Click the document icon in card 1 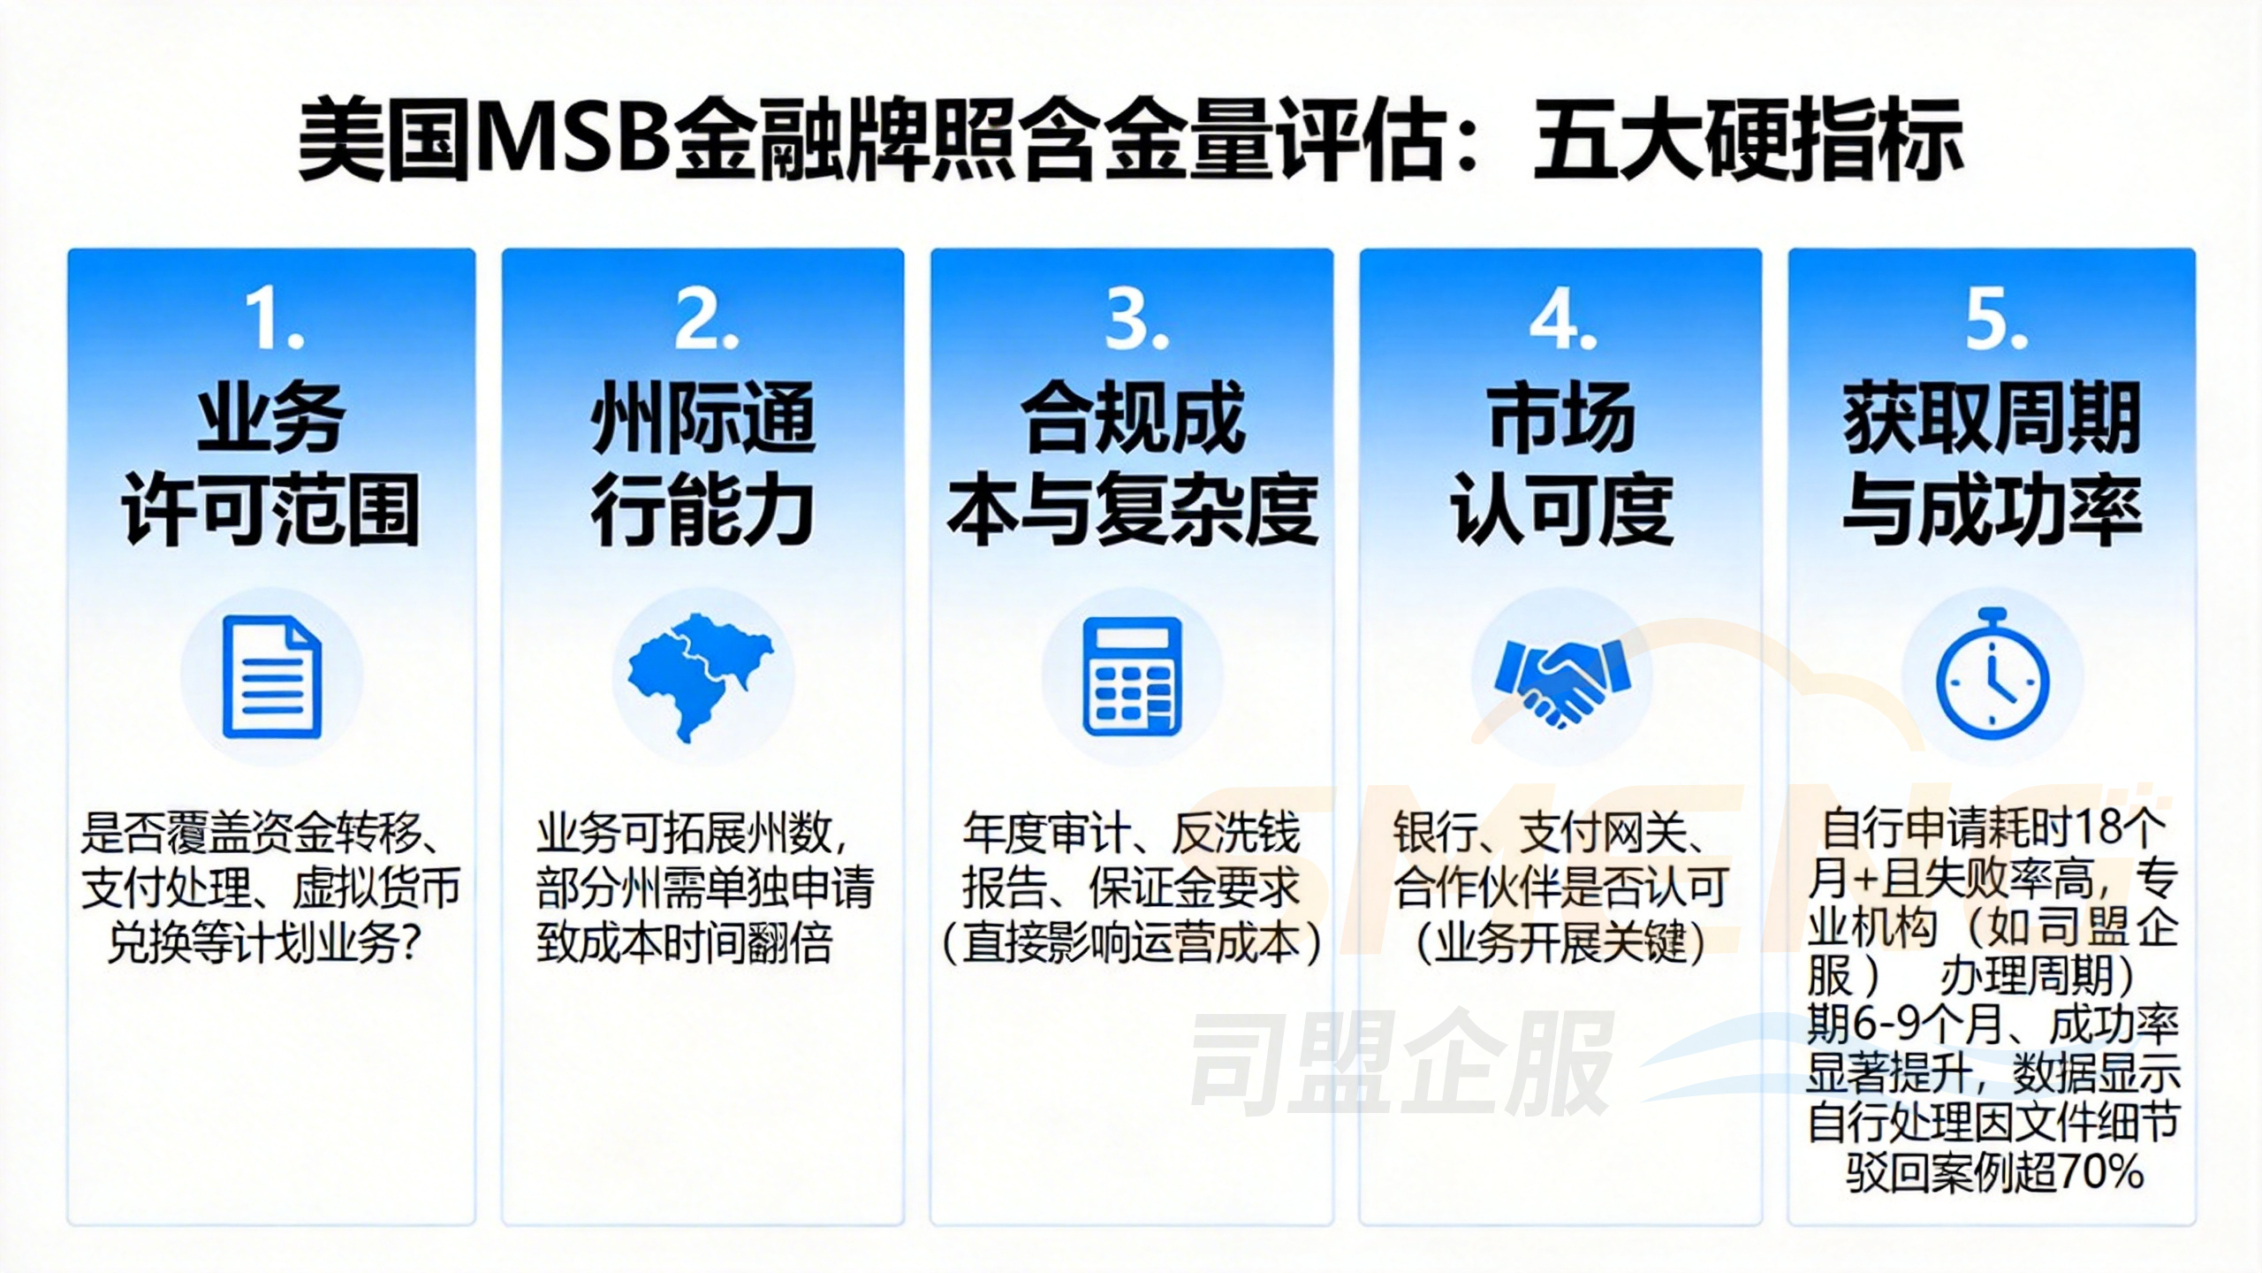point(272,676)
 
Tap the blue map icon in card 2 point(700,676)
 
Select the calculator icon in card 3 point(1132,676)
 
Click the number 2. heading point(705,320)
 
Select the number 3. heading point(1135,320)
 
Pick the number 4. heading point(1562,320)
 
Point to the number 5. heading point(1995,320)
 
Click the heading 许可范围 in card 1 point(270,510)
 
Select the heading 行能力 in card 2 point(702,510)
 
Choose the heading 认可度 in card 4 point(1561,510)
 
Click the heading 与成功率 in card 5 point(1992,510)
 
